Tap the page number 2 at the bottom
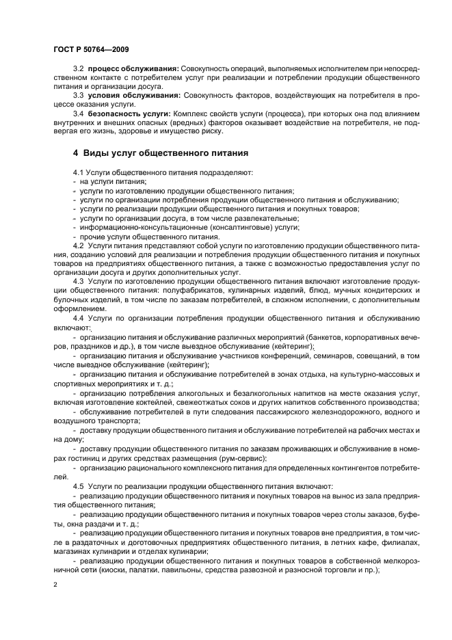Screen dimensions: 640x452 55,585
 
